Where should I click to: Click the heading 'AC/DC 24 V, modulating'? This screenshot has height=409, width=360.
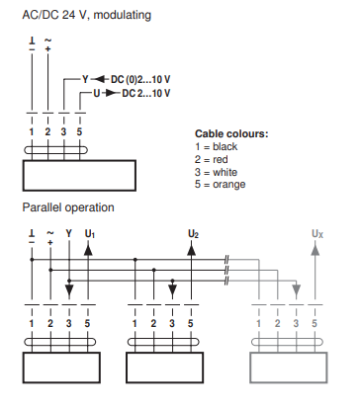[87, 15]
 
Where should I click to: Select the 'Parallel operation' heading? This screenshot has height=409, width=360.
[68, 207]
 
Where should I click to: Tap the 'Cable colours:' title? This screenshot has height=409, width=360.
[231, 133]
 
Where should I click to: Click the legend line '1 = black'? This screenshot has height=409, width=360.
[216, 146]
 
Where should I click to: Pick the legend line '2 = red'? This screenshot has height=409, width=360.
[211, 159]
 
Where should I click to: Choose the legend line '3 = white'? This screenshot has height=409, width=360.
[216, 172]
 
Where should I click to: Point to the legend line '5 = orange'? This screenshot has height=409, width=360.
[220, 185]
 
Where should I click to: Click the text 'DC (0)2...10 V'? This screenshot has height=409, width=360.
[140, 79]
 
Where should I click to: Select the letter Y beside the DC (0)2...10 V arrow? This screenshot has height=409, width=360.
[85, 79]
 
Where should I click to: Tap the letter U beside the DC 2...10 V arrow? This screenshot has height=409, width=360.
[96, 93]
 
